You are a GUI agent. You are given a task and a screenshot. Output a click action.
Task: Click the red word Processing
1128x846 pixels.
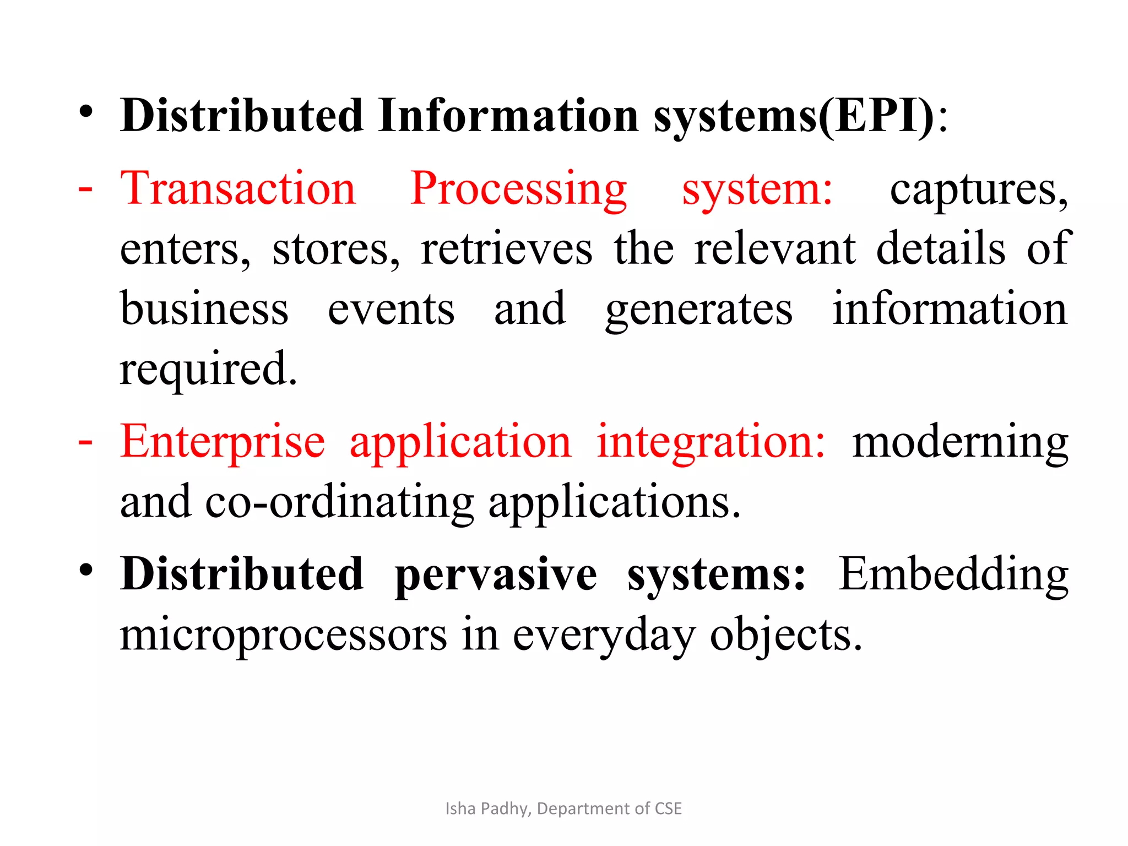click(518, 190)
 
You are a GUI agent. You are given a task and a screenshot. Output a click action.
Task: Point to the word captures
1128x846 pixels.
click(979, 190)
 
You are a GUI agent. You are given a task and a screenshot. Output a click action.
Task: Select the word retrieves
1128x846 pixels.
click(507, 249)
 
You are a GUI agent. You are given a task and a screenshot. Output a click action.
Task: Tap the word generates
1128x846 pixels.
click(699, 310)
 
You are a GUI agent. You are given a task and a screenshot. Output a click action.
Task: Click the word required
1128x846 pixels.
click(208, 369)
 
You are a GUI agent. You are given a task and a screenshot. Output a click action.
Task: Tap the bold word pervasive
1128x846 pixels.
click(496, 575)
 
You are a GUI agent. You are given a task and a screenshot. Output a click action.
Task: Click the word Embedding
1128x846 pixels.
click(953, 575)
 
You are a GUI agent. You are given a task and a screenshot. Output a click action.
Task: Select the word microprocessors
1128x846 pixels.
click(284, 634)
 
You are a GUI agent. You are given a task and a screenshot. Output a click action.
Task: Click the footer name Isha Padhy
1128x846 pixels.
click(487, 808)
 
